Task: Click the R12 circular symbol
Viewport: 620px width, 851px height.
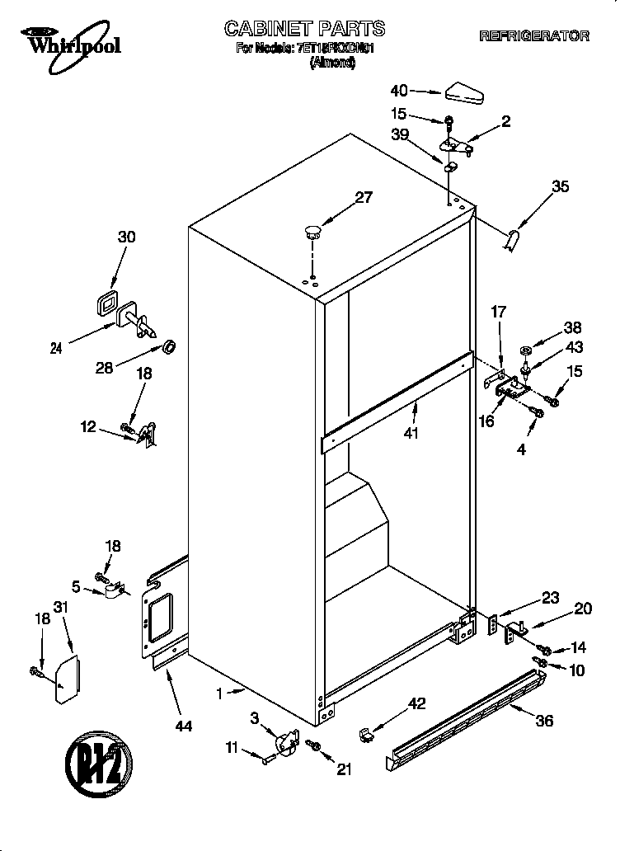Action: coord(98,763)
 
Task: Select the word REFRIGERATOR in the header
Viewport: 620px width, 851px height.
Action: coord(533,36)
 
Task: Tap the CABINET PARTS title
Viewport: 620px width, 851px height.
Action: coord(293,30)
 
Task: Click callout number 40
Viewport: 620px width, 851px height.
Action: coord(399,91)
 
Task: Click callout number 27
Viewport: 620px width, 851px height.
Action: coord(364,197)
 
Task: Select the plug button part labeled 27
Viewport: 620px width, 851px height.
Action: coord(312,231)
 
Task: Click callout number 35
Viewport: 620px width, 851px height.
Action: coord(560,187)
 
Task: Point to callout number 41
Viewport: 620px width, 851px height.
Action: coord(410,432)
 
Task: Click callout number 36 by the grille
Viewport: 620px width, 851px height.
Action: coord(543,720)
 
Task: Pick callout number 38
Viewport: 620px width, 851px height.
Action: coord(572,326)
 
